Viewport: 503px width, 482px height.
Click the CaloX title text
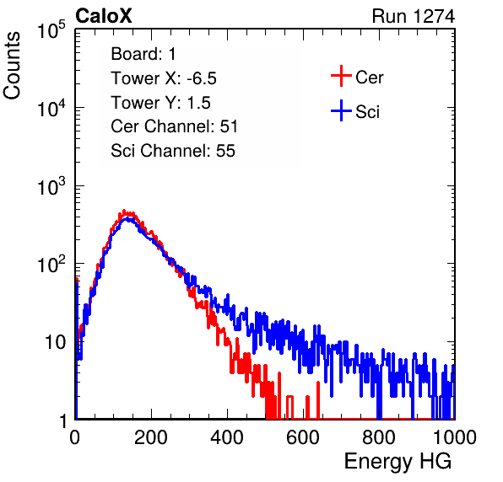[x=103, y=16]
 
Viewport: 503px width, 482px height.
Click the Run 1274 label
[x=414, y=16]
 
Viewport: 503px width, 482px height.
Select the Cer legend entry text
[x=369, y=78]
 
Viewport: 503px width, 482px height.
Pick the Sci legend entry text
[x=367, y=111]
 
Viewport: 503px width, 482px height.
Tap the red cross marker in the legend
[x=341, y=76]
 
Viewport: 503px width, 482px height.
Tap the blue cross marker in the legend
[x=341, y=110]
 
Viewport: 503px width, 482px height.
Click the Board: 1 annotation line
[x=143, y=54]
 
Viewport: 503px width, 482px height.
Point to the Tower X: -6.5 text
[x=164, y=78]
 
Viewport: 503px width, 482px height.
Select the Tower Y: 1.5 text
[x=160, y=103]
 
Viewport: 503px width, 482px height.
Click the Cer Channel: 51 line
[x=174, y=126]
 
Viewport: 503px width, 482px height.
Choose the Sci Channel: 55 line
[x=173, y=151]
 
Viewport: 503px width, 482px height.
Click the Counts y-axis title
[x=12, y=66]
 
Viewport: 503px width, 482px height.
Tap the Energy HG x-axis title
[x=398, y=462]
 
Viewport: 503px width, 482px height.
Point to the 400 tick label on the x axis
[x=227, y=437]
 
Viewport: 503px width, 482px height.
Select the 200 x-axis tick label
[x=151, y=437]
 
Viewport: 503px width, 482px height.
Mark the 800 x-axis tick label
[x=379, y=437]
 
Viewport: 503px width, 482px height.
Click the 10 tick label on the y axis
[x=55, y=343]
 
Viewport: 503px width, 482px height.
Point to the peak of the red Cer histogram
[x=124, y=211]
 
